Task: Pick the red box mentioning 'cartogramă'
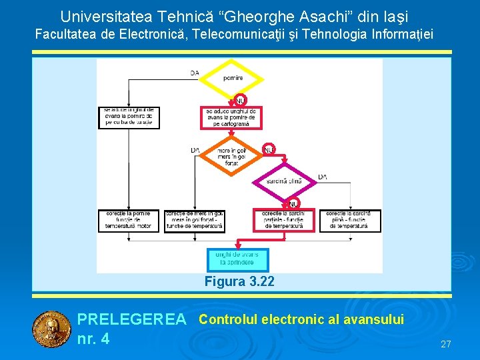tap(231, 117)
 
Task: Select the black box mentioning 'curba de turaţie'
tap(129, 117)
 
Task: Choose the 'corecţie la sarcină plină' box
tap(350, 221)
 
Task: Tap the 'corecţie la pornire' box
tap(129, 221)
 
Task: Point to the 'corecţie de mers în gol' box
tap(195, 221)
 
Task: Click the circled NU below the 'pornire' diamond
tap(241, 100)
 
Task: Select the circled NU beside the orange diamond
tap(269, 149)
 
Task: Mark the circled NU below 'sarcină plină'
tap(293, 203)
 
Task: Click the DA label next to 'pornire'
tap(195, 73)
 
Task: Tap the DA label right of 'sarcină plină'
tap(323, 177)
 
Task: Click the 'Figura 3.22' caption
tap(239, 281)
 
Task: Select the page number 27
tap(446, 344)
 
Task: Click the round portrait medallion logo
tap(51, 329)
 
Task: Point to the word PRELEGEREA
tap(132, 320)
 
